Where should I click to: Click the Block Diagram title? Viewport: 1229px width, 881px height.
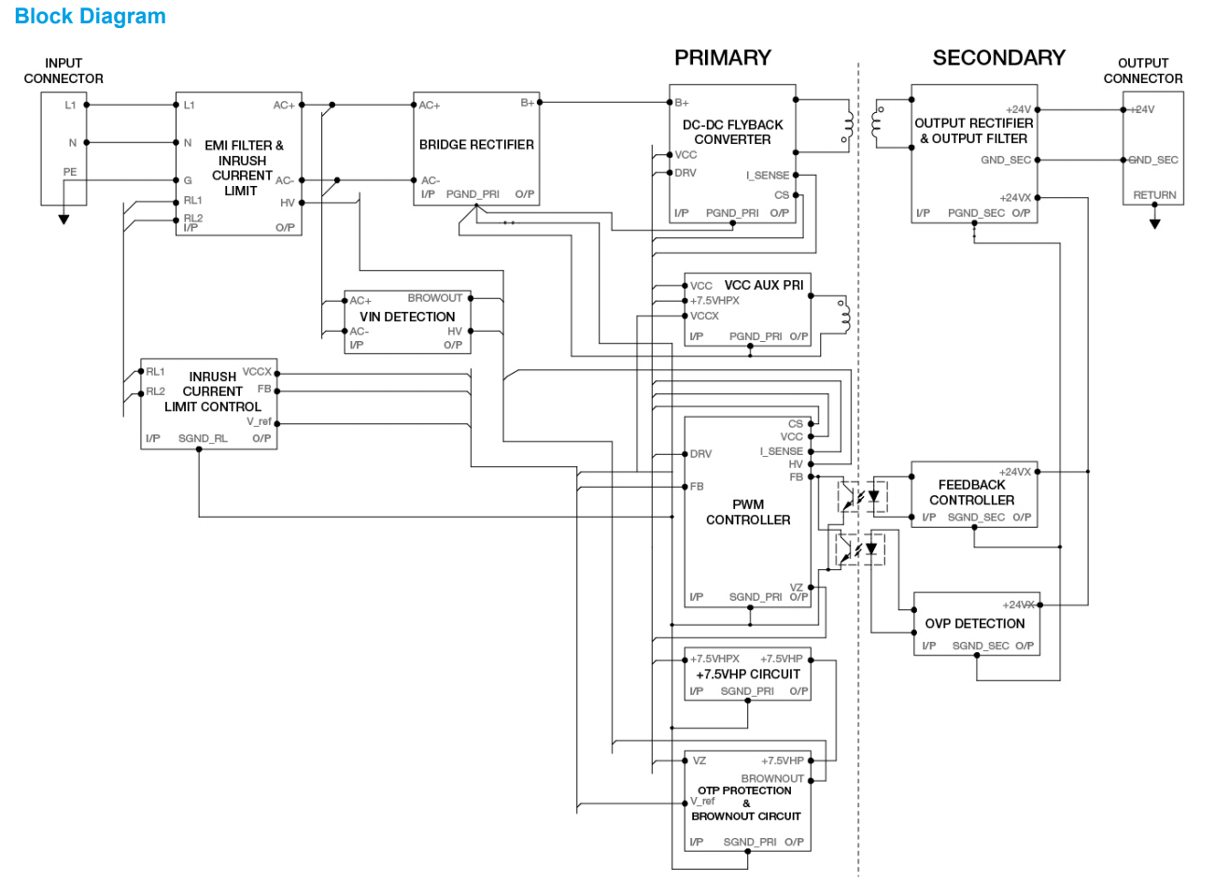pos(91,17)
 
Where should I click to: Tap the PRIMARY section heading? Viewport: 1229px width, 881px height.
pos(723,58)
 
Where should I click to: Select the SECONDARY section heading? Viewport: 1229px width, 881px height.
pos(998,58)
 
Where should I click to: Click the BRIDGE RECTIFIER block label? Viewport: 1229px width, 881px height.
pos(476,145)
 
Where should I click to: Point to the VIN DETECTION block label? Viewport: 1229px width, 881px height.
pos(407,317)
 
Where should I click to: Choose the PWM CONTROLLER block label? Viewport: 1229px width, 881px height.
pos(748,512)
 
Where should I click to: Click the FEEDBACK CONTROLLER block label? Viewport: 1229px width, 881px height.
pos(971,492)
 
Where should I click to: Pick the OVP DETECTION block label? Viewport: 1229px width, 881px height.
pos(975,623)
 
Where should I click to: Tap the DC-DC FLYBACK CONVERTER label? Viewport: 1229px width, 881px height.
pos(732,132)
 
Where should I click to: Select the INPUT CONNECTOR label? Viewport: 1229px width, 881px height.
pos(64,71)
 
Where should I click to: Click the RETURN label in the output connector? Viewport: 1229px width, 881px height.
pos(1154,195)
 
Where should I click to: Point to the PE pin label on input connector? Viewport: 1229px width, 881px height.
pos(70,172)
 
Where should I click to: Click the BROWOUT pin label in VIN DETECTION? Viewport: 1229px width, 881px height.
pos(434,298)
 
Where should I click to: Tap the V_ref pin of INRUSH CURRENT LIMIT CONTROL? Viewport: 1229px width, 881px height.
pos(259,421)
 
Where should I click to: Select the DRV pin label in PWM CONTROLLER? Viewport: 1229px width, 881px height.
pos(700,454)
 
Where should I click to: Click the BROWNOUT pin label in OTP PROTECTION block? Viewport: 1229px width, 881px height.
pos(772,778)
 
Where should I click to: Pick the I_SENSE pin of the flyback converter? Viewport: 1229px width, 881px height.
pos(768,175)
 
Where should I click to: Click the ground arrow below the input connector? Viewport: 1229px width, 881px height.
pos(64,220)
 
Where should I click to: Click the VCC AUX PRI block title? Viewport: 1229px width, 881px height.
pos(763,285)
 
